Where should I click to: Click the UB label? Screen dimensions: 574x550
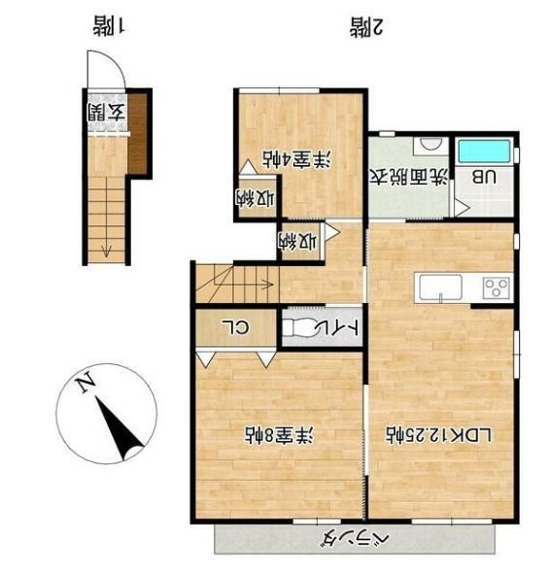tap(483, 178)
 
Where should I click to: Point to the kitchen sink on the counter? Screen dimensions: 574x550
tap(440, 287)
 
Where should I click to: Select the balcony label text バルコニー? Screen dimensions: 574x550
tap(357, 537)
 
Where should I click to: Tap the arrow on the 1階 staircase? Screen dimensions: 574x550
tap(106, 248)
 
